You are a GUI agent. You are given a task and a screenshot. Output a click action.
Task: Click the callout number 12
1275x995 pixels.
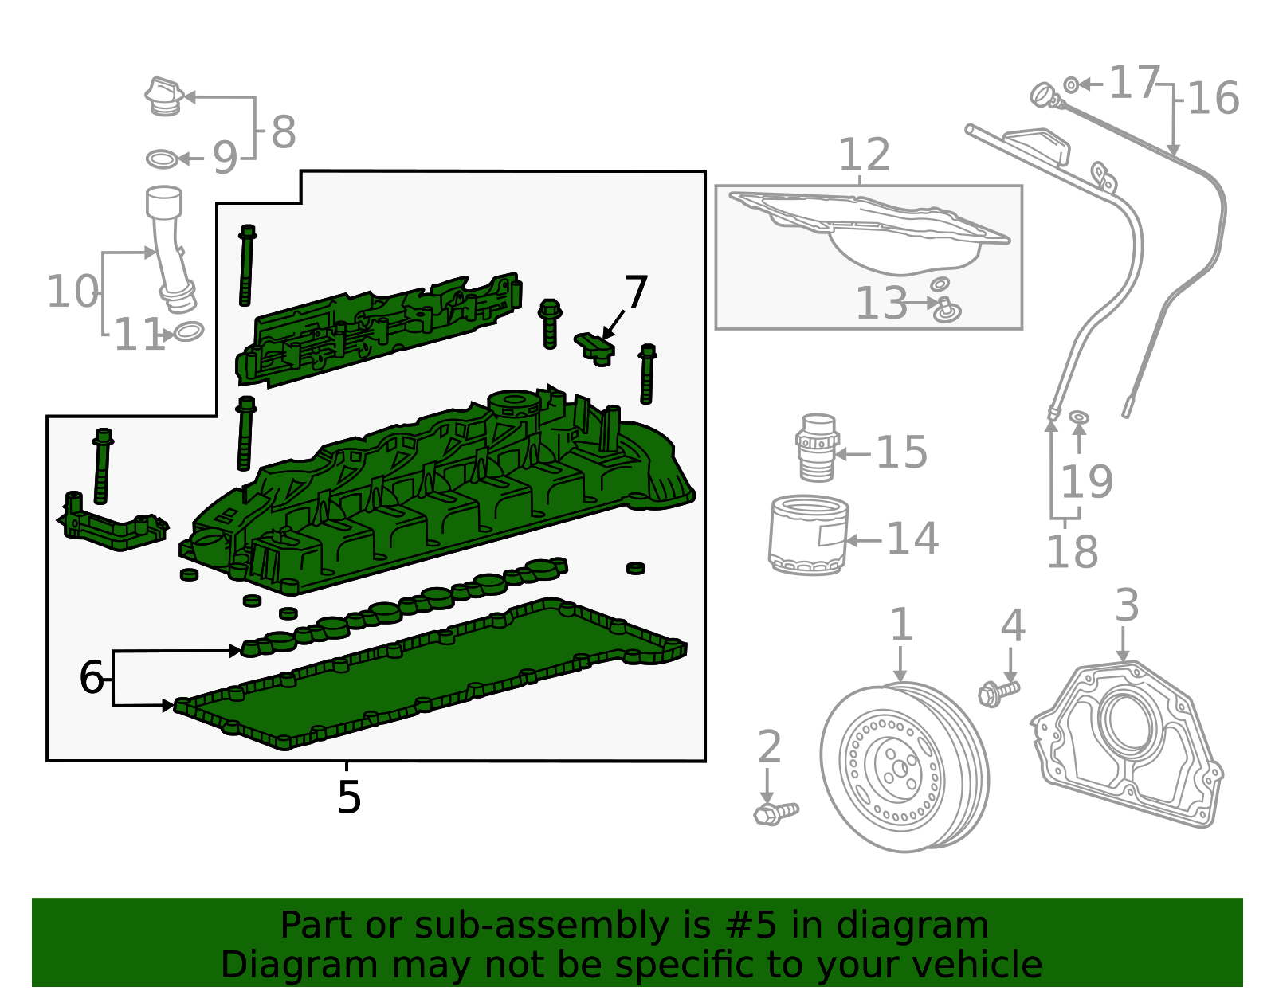[864, 155]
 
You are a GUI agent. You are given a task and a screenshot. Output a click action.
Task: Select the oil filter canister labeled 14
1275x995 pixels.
[808, 535]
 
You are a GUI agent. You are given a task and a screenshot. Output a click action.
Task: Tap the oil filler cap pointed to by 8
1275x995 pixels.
[164, 96]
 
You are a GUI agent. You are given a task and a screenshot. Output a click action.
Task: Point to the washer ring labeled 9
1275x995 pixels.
[163, 159]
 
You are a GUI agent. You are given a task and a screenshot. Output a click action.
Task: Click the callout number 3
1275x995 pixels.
[1126, 605]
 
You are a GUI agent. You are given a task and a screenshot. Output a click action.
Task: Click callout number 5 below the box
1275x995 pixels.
[348, 797]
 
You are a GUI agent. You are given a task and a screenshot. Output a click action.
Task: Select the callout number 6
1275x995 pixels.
[91, 678]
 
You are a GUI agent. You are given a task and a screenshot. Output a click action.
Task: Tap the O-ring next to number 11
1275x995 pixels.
[189, 331]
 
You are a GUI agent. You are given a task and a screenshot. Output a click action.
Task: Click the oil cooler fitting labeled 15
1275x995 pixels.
[817, 448]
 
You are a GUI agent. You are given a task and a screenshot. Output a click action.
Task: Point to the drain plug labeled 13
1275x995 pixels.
[947, 309]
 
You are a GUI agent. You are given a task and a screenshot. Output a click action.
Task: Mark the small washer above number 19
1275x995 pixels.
[1078, 417]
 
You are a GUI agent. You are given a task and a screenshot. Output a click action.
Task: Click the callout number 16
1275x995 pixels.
[1213, 99]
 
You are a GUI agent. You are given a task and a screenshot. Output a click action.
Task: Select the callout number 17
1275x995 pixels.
[1133, 83]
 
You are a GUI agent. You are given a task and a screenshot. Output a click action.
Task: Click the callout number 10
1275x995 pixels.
[73, 292]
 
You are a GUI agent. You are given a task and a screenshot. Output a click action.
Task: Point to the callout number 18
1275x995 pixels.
[1072, 552]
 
